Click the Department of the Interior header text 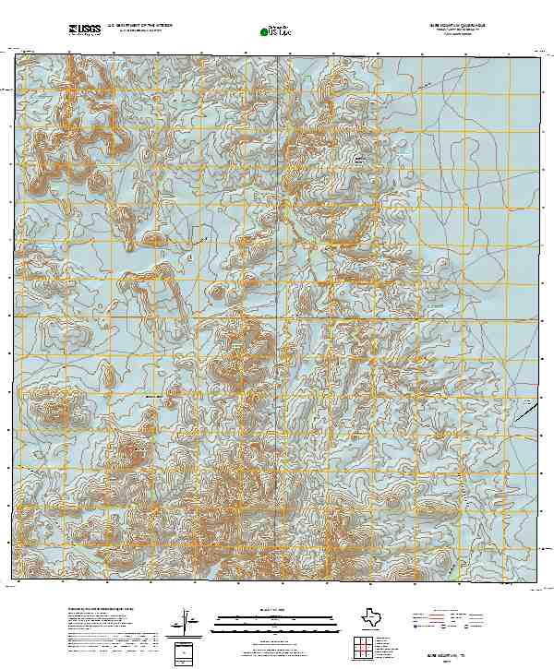[139, 27]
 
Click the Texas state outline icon [371, 615]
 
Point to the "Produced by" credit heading [101, 610]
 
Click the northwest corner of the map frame [16, 54]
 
